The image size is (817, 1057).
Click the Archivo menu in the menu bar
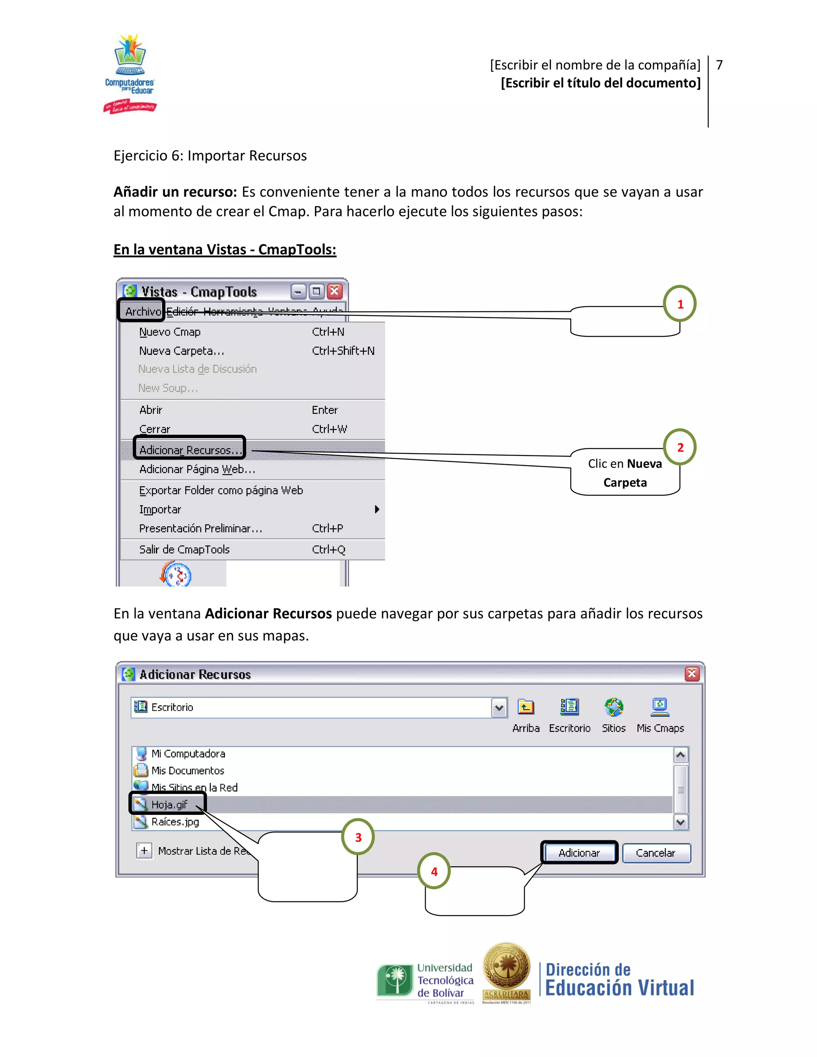(x=142, y=311)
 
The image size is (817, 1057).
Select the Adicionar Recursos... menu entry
(x=190, y=450)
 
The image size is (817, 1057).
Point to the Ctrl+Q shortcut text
(x=329, y=549)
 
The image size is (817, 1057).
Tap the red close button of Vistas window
(x=334, y=291)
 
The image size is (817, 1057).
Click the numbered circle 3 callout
(x=358, y=837)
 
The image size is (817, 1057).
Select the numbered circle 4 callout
(x=434, y=871)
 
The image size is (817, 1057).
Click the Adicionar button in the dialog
(x=579, y=852)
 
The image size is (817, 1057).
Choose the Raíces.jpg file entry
(x=175, y=821)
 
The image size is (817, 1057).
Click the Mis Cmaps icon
(x=660, y=707)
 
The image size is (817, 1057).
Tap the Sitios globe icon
(x=613, y=707)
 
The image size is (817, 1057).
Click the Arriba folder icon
(x=526, y=707)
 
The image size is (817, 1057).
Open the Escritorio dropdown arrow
(x=499, y=708)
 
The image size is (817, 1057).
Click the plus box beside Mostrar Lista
(x=144, y=850)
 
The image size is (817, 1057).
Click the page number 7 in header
(x=719, y=65)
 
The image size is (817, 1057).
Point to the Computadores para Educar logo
(x=130, y=73)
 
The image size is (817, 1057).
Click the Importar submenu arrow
(x=377, y=509)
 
